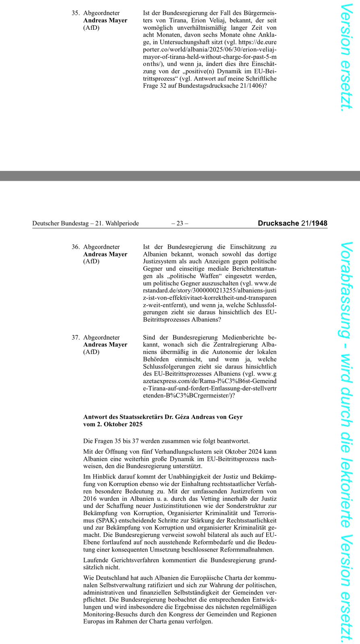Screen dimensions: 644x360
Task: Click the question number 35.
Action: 75,13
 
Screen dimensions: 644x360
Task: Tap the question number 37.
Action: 75,338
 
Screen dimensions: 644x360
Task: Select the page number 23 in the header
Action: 180,223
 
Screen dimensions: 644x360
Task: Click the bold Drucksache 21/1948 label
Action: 292,223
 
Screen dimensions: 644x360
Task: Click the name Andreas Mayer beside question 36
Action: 105,254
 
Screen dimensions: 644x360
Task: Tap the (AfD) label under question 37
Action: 91,352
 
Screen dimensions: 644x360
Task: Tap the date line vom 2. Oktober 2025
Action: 113,424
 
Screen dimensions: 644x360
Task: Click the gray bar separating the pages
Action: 180,176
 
